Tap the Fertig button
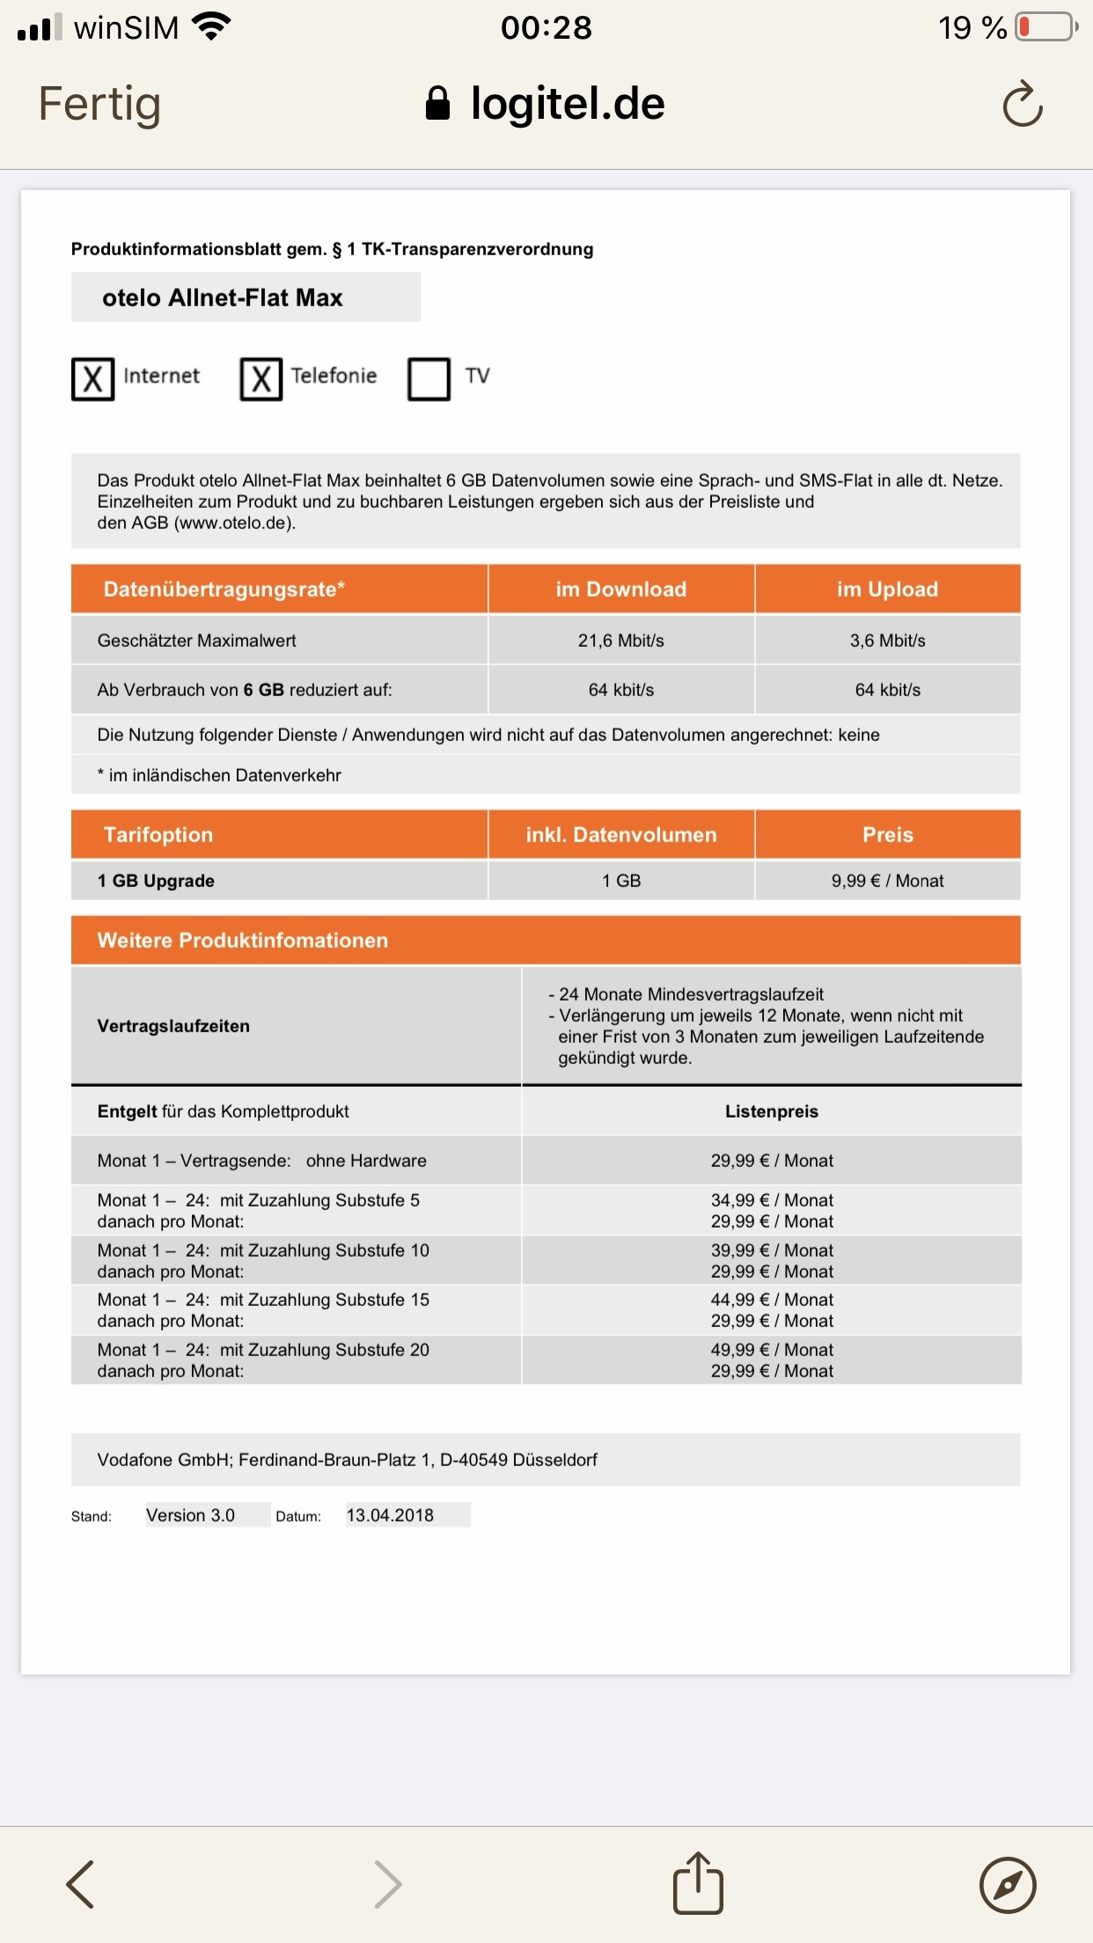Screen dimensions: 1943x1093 [99, 104]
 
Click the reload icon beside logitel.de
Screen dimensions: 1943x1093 [1022, 105]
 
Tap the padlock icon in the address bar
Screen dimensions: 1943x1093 [437, 104]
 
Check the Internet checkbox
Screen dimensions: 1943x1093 [92, 379]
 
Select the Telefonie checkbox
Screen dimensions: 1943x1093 [260, 379]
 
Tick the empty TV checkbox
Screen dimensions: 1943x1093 [429, 379]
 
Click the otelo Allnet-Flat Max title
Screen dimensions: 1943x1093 [223, 297]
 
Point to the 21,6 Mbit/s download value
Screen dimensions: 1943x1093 [620, 641]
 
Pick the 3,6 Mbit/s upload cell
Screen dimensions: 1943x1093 [887, 641]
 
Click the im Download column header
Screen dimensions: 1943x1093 [620, 590]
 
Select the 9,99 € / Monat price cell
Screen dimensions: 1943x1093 [887, 881]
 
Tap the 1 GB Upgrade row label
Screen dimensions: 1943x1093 [156, 881]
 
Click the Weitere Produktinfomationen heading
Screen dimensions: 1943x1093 [242, 941]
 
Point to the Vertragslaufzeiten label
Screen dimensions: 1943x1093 [173, 1026]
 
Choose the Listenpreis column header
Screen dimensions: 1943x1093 [771, 1111]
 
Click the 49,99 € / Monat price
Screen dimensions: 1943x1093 [772, 1350]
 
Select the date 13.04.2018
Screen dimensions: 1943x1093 [390, 1515]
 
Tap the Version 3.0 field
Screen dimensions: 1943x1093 [191, 1515]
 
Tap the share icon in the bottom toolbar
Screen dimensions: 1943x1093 [698, 1883]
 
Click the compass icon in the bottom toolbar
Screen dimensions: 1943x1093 [1008, 1885]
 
